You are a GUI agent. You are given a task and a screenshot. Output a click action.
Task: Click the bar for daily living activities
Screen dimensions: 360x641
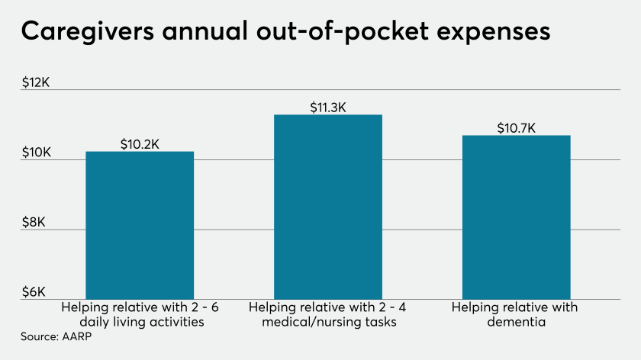pos(140,225)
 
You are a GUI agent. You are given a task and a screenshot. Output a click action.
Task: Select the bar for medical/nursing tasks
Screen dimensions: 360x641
pos(328,206)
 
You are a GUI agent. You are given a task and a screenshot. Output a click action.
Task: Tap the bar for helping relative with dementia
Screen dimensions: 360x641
pos(517,217)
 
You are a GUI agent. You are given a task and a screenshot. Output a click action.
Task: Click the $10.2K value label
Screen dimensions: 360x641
pos(140,143)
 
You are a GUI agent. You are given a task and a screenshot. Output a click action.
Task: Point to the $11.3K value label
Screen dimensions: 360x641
pos(328,108)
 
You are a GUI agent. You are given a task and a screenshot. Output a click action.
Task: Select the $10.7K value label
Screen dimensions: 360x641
pos(517,128)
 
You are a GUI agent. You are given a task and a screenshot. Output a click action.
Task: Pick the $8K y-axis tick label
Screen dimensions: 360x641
pos(36,222)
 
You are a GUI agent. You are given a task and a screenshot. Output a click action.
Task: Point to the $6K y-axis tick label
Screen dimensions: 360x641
pos(36,292)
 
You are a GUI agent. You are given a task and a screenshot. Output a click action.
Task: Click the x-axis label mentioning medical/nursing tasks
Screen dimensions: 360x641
pos(328,314)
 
